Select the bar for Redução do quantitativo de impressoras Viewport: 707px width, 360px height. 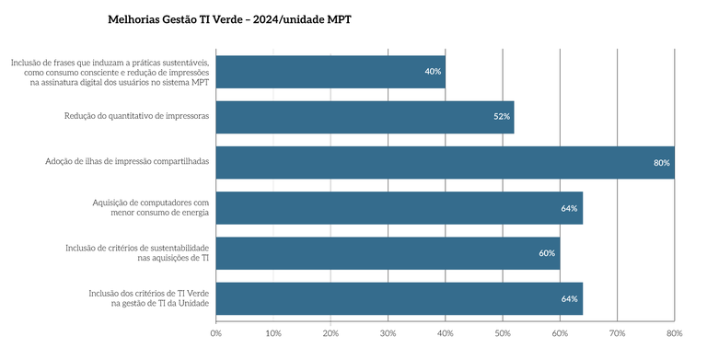click(364, 117)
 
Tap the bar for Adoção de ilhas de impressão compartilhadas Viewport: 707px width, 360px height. click(445, 162)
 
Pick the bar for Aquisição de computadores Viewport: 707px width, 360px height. click(399, 208)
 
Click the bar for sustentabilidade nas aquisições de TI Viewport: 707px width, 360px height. click(387, 253)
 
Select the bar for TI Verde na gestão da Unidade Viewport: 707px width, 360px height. click(399, 298)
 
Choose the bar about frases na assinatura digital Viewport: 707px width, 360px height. click(330, 72)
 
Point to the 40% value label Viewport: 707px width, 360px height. click(433, 72)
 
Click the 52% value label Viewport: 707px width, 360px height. click(502, 117)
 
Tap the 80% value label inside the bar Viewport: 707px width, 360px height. click(661, 163)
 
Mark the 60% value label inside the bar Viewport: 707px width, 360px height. click(547, 253)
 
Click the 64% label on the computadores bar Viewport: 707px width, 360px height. click(569, 208)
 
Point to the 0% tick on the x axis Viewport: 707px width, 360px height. click(215, 332)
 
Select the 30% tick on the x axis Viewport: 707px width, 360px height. click(388, 332)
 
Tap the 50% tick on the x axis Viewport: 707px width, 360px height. click(503, 332)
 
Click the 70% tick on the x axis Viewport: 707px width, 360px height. click(617, 332)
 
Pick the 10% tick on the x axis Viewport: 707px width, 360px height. click(272, 332)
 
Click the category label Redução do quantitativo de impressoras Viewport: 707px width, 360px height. click(136, 116)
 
